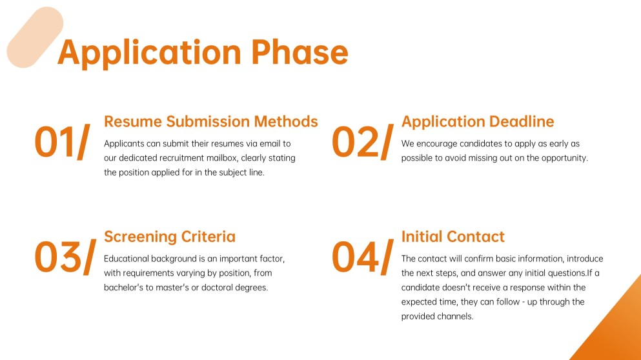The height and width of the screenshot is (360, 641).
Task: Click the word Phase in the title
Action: [x=300, y=52]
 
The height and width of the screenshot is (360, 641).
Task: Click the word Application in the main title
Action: [x=150, y=54]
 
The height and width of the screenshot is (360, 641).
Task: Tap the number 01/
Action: [x=62, y=142]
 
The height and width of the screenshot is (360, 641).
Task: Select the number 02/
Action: [x=363, y=142]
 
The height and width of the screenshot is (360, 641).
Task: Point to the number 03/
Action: [x=65, y=257]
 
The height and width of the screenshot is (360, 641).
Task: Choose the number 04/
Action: [x=363, y=257]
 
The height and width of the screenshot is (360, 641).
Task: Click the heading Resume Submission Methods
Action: [x=211, y=121]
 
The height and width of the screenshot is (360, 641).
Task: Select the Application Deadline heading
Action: [x=478, y=122]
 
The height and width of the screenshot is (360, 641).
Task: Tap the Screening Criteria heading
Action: [x=170, y=237]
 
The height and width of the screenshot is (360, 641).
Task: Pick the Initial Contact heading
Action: [x=453, y=237]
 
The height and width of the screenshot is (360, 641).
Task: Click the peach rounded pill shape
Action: [x=35, y=37]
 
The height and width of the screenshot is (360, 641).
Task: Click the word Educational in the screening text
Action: [x=127, y=259]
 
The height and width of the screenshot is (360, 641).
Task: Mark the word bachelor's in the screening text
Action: [x=123, y=287]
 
